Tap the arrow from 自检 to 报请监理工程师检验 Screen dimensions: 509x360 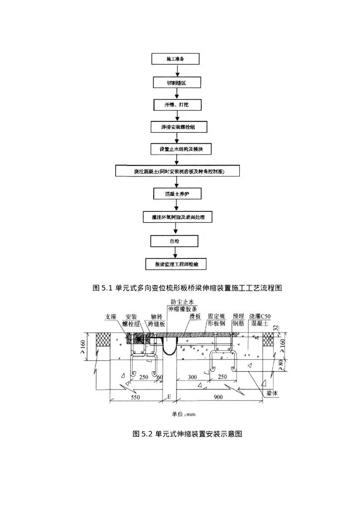tap(176, 252)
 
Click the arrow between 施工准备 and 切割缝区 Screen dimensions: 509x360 tap(176, 70)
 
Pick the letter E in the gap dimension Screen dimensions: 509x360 tap(170, 397)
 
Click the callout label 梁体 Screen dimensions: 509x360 tap(272, 393)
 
